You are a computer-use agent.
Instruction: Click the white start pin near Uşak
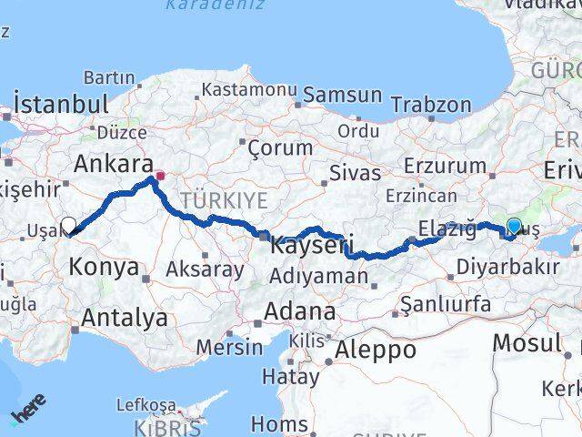coord(68,225)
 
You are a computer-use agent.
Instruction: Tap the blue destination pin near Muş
coord(514,227)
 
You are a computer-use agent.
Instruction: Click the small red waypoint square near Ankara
coord(160,176)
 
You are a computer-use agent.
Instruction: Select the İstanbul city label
coord(62,104)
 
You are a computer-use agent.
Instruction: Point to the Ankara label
coord(113,164)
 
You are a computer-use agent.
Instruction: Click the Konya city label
coord(105,268)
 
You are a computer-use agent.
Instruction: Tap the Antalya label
coord(125,318)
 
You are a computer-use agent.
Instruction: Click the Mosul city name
coord(527,343)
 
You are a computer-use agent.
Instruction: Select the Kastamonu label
coord(249,89)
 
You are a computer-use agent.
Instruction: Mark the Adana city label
coord(299,311)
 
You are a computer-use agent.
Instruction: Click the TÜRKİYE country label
coord(224,200)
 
